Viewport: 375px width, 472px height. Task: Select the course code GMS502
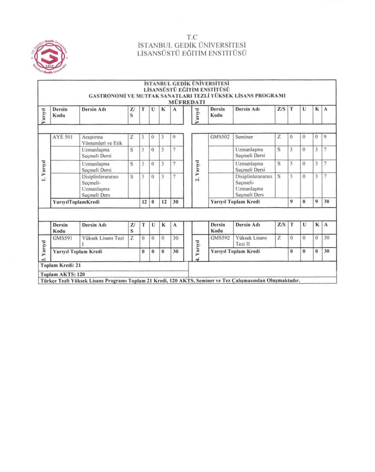(220, 137)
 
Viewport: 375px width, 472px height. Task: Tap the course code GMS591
(62, 238)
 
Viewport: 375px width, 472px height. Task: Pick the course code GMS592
(220, 238)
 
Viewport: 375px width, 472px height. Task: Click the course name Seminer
(244, 137)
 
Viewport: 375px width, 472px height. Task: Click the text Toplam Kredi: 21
(61, 265)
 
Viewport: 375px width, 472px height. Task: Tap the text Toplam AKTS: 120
(62, 274)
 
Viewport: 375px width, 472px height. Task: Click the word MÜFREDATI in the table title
(187, 102)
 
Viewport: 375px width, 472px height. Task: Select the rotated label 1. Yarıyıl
(44, 170)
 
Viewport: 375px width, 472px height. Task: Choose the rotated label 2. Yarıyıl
(197, 170)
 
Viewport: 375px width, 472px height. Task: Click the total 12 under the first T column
(144, 202)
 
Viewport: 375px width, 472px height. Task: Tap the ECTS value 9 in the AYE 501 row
(174, 137)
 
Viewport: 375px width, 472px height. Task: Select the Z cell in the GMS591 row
(132, 238)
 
